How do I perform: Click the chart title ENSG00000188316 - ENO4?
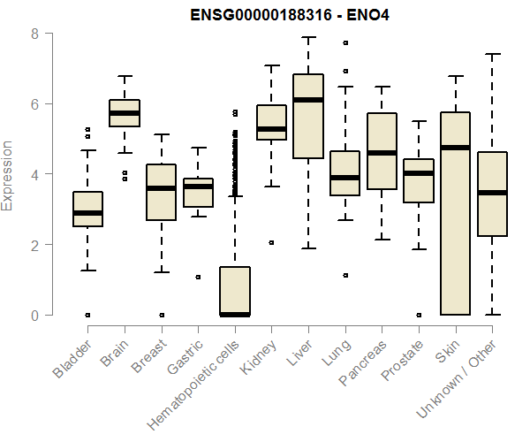(291, 14)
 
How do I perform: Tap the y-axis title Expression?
(9, 175)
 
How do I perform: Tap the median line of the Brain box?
(125, 113)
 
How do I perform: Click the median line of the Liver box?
(308, 100)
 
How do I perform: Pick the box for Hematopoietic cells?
(235, 291)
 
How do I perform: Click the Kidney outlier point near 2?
(271, 242)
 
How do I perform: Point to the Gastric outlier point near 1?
(198, 277)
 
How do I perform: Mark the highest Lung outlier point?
(344, 42)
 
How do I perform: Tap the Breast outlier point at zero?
(161, 315)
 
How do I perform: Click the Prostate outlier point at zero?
(419, 315)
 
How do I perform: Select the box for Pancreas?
(382, 150)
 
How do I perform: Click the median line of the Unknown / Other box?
(492, 193)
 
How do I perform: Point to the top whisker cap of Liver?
(308, 37)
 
